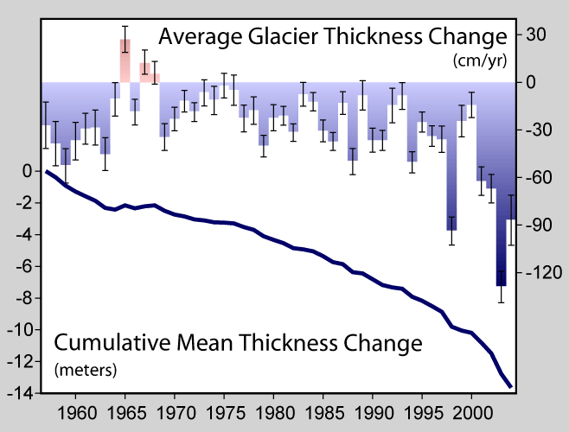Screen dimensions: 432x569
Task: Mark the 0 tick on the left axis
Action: pyautogui.click(x=28, y=171)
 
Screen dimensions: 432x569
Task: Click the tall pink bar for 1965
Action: pyautogui.click(x=125, y=60)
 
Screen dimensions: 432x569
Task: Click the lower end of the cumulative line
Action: pyautogui.click(x=510, y=385)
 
